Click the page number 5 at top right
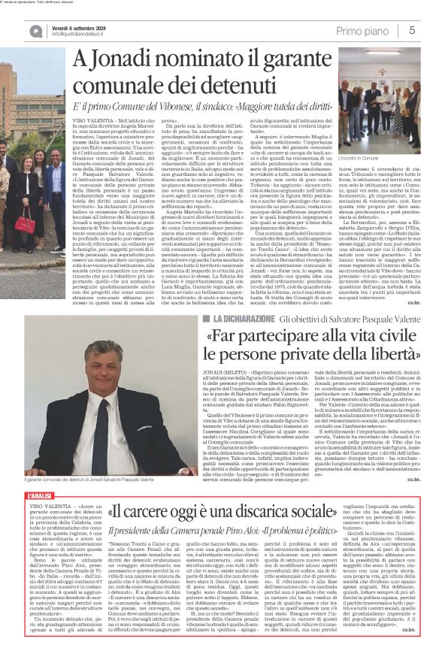pos(413,31)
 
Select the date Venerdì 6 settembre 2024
pos(85,26)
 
